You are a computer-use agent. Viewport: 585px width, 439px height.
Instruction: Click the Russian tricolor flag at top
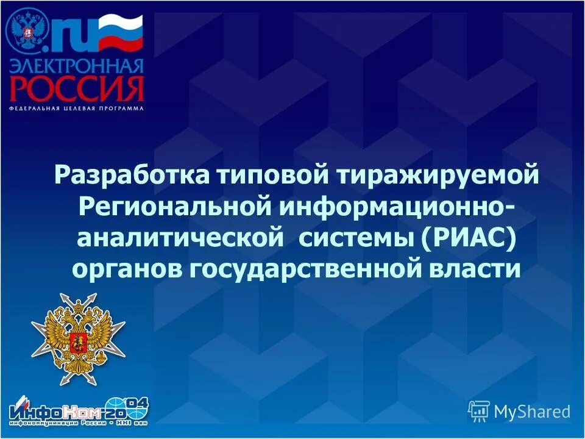tap(120, 34)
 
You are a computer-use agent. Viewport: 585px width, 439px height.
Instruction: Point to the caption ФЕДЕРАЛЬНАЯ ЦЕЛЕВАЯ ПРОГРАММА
tap(77, 109)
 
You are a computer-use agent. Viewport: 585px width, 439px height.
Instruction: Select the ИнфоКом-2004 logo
tap(78, 410)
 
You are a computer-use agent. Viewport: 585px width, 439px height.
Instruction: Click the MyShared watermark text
tap(532, 412)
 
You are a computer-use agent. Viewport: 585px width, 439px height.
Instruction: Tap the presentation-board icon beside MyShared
tap(479, 412)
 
